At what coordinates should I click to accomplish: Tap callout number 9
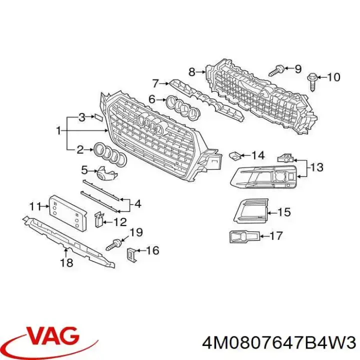pos(298,68)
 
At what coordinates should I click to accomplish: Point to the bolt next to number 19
pos(114,244)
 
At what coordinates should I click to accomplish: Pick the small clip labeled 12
pos(99,219)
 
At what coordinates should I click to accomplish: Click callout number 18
pos(66,262)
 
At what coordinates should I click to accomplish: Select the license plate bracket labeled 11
pos(68,212)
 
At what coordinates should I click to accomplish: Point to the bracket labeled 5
pos(107,172)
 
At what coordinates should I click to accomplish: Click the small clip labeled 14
pos(234,156)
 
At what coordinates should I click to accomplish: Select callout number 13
pos(317,167)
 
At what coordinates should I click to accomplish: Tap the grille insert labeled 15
pos(250,210)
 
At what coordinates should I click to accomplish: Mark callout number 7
pos(155,84)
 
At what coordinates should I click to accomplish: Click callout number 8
pos(191,72)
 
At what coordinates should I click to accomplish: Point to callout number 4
pos(137,204)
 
